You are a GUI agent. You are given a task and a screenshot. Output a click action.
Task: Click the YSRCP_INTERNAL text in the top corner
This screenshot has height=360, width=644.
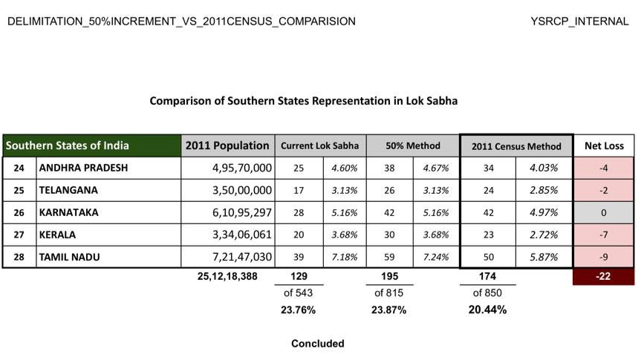[579, 22]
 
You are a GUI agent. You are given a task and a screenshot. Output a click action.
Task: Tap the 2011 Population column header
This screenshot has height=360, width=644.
[227, 145]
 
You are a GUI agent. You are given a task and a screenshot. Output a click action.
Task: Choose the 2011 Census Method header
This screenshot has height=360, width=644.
[516, 146]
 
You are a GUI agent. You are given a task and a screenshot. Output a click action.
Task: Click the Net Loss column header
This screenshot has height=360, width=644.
[604, 146]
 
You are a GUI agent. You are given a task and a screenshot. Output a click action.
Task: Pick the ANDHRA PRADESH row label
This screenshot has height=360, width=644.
[83, 168]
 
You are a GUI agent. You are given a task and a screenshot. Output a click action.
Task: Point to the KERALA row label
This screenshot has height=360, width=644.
[57, 235]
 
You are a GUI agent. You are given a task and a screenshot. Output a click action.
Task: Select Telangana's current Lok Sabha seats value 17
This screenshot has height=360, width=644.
[299, 190]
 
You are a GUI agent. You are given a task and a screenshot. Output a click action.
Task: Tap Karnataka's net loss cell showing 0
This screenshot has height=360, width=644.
[604, 212]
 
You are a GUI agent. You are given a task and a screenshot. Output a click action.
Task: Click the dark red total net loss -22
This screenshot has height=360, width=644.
[604, 277]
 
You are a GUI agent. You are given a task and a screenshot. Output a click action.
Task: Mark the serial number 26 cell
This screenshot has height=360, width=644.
[19, 212]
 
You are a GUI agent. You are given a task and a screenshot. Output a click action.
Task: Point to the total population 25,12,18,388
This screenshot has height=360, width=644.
[232, 277]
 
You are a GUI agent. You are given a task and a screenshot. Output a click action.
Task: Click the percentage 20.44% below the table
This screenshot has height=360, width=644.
[487, 310]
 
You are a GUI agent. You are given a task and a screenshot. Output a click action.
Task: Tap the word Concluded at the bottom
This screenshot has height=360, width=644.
[317, 344]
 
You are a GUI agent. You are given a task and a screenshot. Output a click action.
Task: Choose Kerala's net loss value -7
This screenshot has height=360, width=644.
[604, 235]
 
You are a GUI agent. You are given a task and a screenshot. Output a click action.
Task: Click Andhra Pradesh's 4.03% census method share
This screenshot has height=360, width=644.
[543, 168]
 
